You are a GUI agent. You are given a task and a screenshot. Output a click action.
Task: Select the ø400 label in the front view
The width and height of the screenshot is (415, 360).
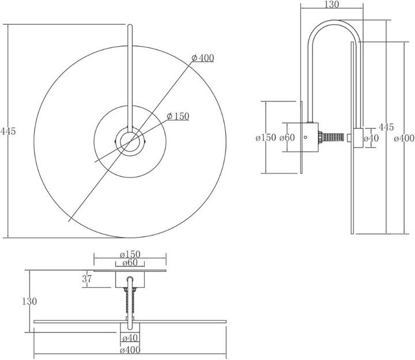click(202, 58)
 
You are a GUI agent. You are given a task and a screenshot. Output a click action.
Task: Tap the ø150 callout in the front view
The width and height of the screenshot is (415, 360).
click(178, 116)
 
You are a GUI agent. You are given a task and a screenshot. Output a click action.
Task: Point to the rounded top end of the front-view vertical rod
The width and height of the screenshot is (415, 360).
click(130, 26)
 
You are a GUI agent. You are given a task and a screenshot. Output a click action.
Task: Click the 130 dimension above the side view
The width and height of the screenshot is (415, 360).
click(332, 5)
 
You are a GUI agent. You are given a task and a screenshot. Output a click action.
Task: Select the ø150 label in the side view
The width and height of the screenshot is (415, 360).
click(266, 138)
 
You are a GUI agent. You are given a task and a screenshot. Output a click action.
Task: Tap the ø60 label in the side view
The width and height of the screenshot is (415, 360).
click(287, 138)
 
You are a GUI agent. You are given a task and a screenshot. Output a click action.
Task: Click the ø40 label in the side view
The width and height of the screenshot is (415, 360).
click(371, 138)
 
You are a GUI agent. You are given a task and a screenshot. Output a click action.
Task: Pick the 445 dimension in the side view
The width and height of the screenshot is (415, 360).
click(386, 127)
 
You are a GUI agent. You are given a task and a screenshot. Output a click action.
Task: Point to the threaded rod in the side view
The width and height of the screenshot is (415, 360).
click(334, 138)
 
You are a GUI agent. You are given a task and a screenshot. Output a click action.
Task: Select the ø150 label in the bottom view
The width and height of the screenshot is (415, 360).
click(130, 254)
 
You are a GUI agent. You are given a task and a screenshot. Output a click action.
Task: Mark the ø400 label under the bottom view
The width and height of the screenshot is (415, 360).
click(130, 349)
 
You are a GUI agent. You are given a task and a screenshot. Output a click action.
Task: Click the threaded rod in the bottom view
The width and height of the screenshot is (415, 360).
click(130, 302)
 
